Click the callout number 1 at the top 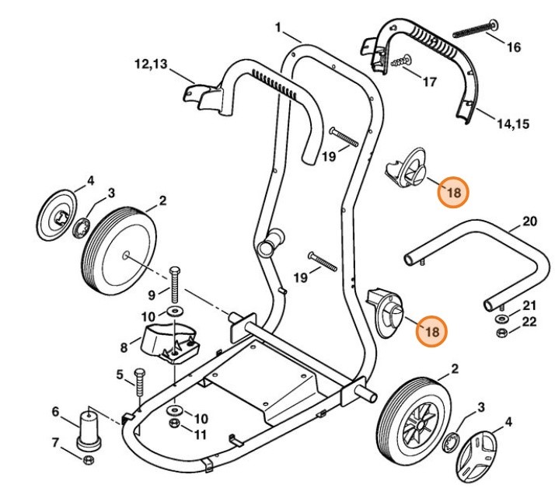277,28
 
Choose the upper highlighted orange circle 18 452,190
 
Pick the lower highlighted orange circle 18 432,330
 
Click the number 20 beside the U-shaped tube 529,221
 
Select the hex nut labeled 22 501,333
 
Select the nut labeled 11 176,423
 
